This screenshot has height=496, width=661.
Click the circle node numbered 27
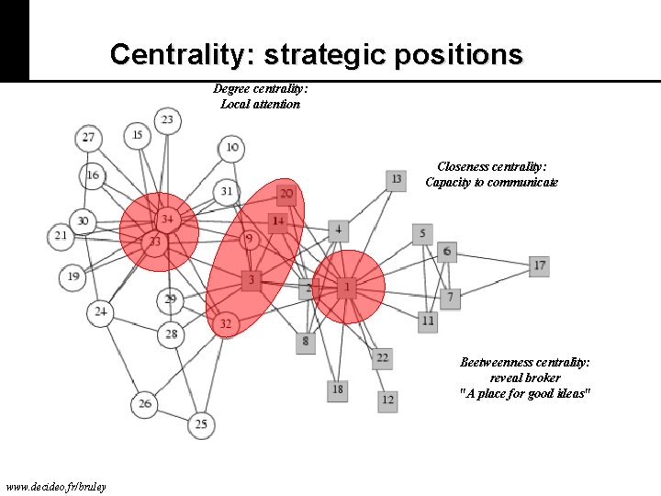[88, 139]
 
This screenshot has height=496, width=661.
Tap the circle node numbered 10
[232, 147]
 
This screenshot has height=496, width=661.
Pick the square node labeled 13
[396, 180]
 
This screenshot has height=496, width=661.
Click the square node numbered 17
[540, 265]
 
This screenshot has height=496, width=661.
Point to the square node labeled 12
[388, 400]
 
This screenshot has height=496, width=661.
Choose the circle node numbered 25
[201, 423]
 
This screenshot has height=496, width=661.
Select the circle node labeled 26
[145, 403]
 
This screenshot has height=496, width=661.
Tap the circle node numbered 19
[73, 276]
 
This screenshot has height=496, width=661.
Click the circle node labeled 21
[61, 236]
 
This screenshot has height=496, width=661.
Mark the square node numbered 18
[338, 389]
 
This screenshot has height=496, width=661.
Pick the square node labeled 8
[306, 342]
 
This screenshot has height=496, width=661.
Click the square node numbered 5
[422, 234]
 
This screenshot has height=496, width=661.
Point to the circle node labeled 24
[100, 312]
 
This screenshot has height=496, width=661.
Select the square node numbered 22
[382, 357]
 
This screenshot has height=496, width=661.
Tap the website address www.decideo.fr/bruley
[55, 486]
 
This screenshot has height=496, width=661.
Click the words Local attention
[260, 104]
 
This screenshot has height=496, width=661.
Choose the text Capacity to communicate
[491, 182]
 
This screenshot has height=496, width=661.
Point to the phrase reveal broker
[524, 378]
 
